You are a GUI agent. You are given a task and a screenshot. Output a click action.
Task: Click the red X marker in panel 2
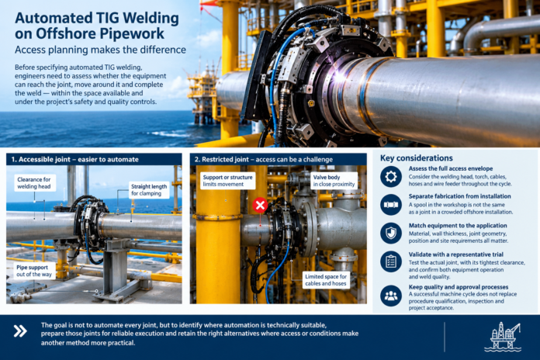pyautogui.click(x=260, y=206)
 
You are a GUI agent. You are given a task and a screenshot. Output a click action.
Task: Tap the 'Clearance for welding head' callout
pyautogui.click(x=34, y=183)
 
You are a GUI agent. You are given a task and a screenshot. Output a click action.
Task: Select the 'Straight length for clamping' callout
pyautogui.click(x=149, y=190)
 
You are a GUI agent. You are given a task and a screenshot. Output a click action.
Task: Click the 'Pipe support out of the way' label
pyautogui.click(x=34, y=271)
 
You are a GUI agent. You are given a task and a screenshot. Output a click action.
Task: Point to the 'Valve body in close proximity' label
pyautogui.click(x=334, y=181)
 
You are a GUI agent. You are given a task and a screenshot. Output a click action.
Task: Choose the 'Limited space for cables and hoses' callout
pyautogui.click(x=326, y=280)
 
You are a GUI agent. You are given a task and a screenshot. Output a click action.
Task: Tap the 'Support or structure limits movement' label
pyautogui.click(x=227, y=181)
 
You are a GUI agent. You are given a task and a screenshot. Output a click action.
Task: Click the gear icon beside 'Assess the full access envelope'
pyautogui.click(x=391, y=177)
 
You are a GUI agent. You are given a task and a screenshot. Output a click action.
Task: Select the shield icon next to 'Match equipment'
pyautogui.click(x=391, y=234)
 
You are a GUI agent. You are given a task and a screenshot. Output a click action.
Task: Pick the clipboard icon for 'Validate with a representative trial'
pyautogui.click(x=391, y=261)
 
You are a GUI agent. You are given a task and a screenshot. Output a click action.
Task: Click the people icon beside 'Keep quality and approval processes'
pyautogui.click(x=391, y=296)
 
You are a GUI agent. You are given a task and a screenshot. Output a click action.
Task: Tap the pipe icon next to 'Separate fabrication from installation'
pyautogui.click(x=391, y=205)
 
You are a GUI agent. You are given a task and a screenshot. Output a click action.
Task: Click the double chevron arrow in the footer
pyautogui.click(x=20, y=331)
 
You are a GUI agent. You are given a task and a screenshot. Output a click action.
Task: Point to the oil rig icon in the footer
pyautogui.click(x=503, y=337)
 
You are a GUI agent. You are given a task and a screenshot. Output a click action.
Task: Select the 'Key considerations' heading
pyautogui.click(x=417, y=158)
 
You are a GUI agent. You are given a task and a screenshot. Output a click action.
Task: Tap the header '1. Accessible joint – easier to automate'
pyautogui.click(x=75, y=160)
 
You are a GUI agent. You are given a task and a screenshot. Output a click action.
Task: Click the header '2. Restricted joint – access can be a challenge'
pyautogui.click(x=264, y=160)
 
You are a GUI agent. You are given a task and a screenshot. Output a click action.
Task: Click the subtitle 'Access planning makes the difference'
pyautogui.click(x=100, y=50)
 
